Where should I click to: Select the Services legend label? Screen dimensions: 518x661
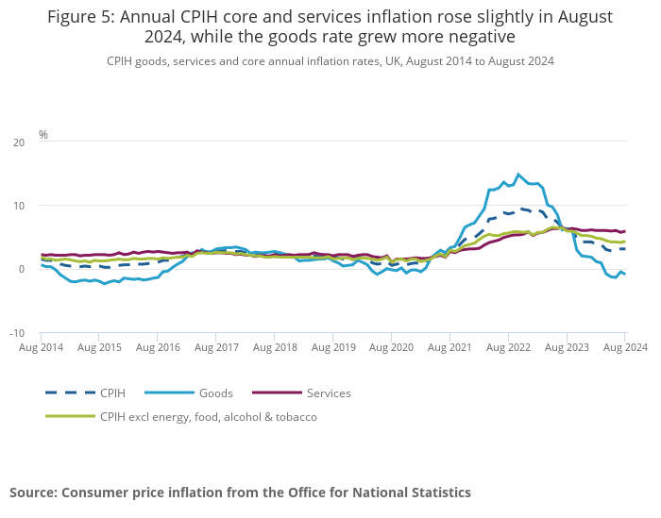click(329, 393)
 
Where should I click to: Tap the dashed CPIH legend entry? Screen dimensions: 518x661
click(113, 393)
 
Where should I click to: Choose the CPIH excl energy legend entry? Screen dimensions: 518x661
click(208, 416)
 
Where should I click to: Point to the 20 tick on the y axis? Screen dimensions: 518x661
click(19, 142)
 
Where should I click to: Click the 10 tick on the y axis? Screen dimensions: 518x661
click(19, 206)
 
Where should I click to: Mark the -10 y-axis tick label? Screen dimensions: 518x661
click(17, 333)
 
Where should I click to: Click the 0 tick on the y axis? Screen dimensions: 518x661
click(22, 270)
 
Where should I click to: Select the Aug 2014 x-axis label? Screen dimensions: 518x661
click(41, 348)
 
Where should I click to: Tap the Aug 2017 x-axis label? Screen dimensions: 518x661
click(216, 348)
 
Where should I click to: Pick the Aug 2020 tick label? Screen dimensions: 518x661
click(391, 348)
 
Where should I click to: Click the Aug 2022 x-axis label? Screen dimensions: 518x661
click(508, 348)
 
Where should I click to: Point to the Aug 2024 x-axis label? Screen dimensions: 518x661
click(623, 348)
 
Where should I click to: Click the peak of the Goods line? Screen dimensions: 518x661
click(518, 174)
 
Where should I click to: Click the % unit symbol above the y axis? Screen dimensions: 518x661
click(43, 135)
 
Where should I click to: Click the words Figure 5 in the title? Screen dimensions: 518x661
click(80, 17)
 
